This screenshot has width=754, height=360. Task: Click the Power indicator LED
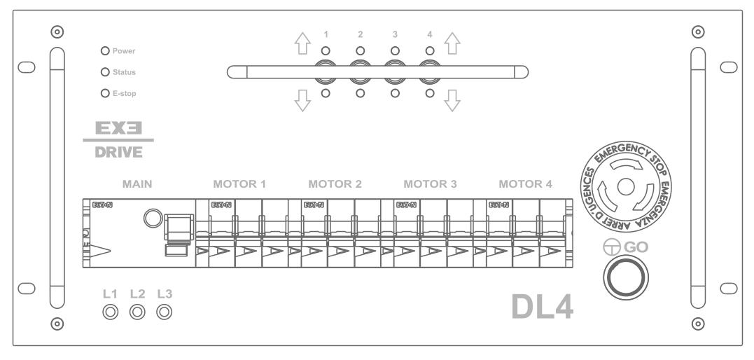[106, 51]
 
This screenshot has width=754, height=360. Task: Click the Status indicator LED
[106, 71]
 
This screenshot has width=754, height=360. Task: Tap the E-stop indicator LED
[106, 92]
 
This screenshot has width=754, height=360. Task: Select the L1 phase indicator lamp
[110, 311]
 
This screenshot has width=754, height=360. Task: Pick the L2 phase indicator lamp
[137, 311]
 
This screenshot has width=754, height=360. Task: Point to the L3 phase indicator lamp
[165, 311]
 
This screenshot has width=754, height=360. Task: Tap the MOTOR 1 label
[239, 185]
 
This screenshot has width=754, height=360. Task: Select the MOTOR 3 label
[431, 185]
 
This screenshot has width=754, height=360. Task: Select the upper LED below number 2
[360, 51]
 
